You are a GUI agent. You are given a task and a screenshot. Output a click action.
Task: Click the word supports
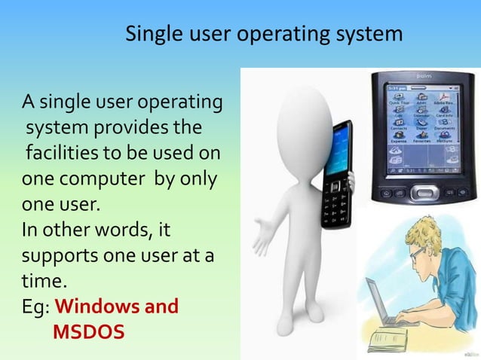click(57, 255)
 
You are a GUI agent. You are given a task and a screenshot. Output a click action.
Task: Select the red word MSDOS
click(89, 331)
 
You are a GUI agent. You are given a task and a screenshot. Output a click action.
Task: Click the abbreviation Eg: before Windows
click(35, 307)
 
